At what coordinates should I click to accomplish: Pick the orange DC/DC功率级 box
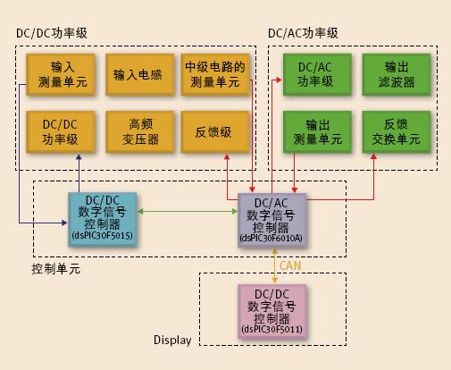click(x=63, y=132)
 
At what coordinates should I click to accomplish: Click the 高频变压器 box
click(x=137, y=132)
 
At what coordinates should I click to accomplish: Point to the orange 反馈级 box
click(x=213, y=132)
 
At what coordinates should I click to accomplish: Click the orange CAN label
click(x=290, y=265)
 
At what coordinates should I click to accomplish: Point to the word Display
click(x=172, y=340)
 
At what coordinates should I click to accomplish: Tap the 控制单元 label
click(x=55, y=268)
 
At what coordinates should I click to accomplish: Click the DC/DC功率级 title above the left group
click(x=57, y=33)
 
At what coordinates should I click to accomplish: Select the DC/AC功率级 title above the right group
click(x=304, y=33)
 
